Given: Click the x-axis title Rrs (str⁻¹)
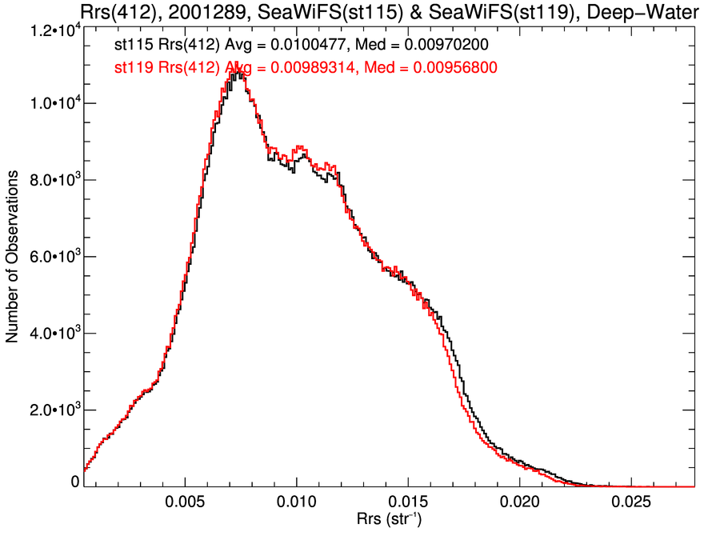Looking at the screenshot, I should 389,521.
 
